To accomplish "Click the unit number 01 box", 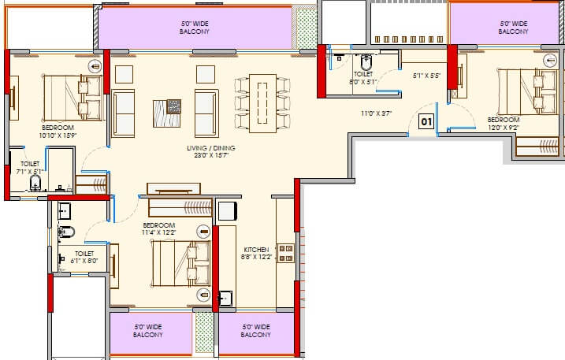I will click(x=426, y=122).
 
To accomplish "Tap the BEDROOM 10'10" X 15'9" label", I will click(x=58, y=132).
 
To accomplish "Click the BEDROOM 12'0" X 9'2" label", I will click(x=503, y=123).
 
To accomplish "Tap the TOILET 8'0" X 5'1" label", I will click(x=365, y=76).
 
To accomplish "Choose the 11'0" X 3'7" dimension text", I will click(x=376, y=113).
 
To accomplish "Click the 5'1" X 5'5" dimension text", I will click(x=427, y=76).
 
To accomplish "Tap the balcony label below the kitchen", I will click(x=256, y=331).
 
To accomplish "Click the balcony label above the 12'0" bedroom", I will click(x=513, y=28).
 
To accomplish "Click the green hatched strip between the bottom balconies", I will click(x=204, y=331).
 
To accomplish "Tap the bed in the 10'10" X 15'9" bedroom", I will click(x=72, y=95).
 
